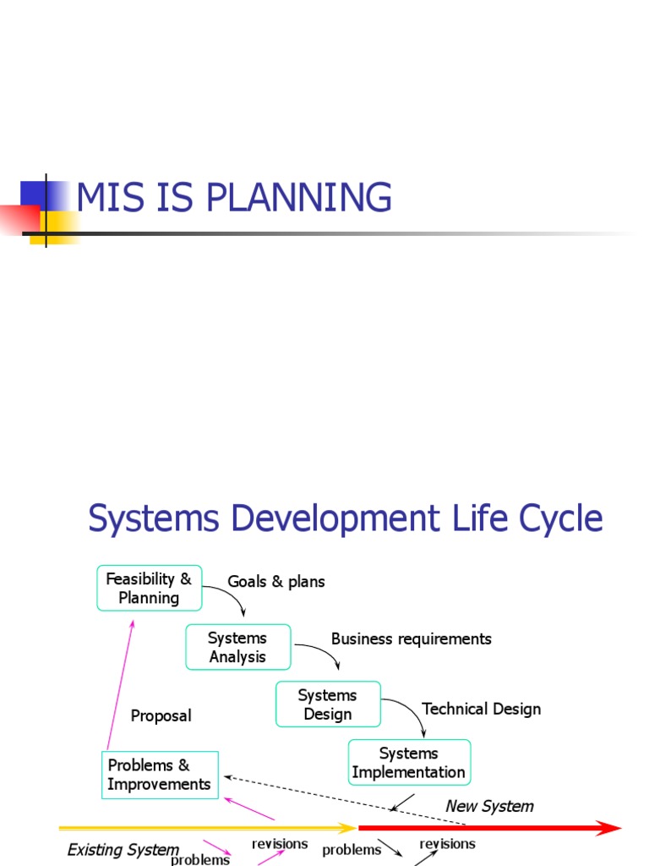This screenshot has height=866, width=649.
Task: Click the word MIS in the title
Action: click(106, 198)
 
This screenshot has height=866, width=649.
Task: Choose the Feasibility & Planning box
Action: click(150, 588)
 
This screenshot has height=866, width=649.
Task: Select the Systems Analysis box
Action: click(238, 647)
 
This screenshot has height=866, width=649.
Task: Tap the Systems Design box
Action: click(328, 704)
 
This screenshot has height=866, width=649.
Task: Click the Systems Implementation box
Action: click(409, 762)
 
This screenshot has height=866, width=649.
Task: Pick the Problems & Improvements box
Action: click(160, 775)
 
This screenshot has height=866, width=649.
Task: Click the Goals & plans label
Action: click(276, 582)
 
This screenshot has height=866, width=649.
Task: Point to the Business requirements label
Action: click(411, 639)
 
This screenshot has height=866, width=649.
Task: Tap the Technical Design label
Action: click(481, 709)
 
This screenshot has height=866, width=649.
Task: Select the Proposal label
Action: click(161, 715)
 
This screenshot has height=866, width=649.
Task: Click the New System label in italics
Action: click(489, 806)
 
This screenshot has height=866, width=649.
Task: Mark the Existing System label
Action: click(123, 849)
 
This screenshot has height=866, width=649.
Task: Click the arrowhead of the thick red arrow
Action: click(610, 828)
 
